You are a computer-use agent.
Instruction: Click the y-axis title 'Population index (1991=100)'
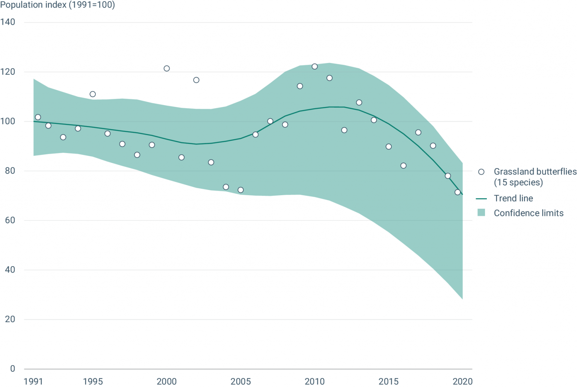[57, 5]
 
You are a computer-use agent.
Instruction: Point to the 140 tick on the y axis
[8, 22]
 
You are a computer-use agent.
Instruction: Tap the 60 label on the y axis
[10, 220]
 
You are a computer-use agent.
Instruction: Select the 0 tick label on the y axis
[13, 369]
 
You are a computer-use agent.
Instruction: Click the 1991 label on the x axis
[33, 381]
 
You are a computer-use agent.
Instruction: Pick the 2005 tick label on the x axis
[240, 381]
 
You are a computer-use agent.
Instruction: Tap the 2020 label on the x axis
[462, 381]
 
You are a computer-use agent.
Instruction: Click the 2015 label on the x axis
[388, 381]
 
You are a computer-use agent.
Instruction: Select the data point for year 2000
[167, 68]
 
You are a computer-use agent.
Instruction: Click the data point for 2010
[315, 66]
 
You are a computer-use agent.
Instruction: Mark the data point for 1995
[93, 94]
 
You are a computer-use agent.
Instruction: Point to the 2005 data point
[241, 190]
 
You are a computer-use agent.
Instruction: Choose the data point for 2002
[196, 80]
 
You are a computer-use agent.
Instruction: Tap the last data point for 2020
[458, 192]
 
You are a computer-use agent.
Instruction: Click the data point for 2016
[403, 166]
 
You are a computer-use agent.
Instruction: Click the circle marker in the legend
[481, 172]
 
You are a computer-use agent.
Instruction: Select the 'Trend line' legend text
[513, 198]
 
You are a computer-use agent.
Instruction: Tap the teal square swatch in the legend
[481, 213]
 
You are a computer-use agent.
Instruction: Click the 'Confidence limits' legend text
[529, 213]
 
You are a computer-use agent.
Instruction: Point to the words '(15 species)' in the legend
[518, 182]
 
